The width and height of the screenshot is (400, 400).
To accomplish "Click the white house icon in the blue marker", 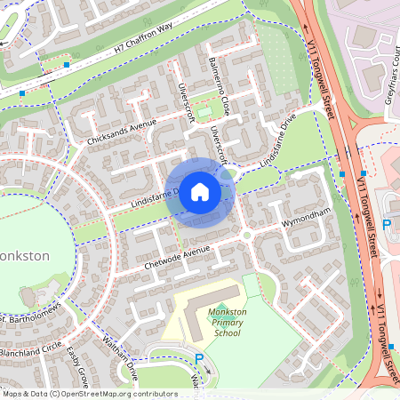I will [x=200, y=191].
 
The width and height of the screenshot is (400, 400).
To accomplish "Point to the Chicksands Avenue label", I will [x=122, y=132].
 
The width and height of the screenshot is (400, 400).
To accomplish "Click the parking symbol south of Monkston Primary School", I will [x=199, y=358].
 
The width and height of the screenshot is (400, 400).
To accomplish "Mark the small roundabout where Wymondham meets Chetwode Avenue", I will [x=245, y=235].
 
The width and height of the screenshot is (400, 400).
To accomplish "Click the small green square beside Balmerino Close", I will [x=205, y=111].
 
